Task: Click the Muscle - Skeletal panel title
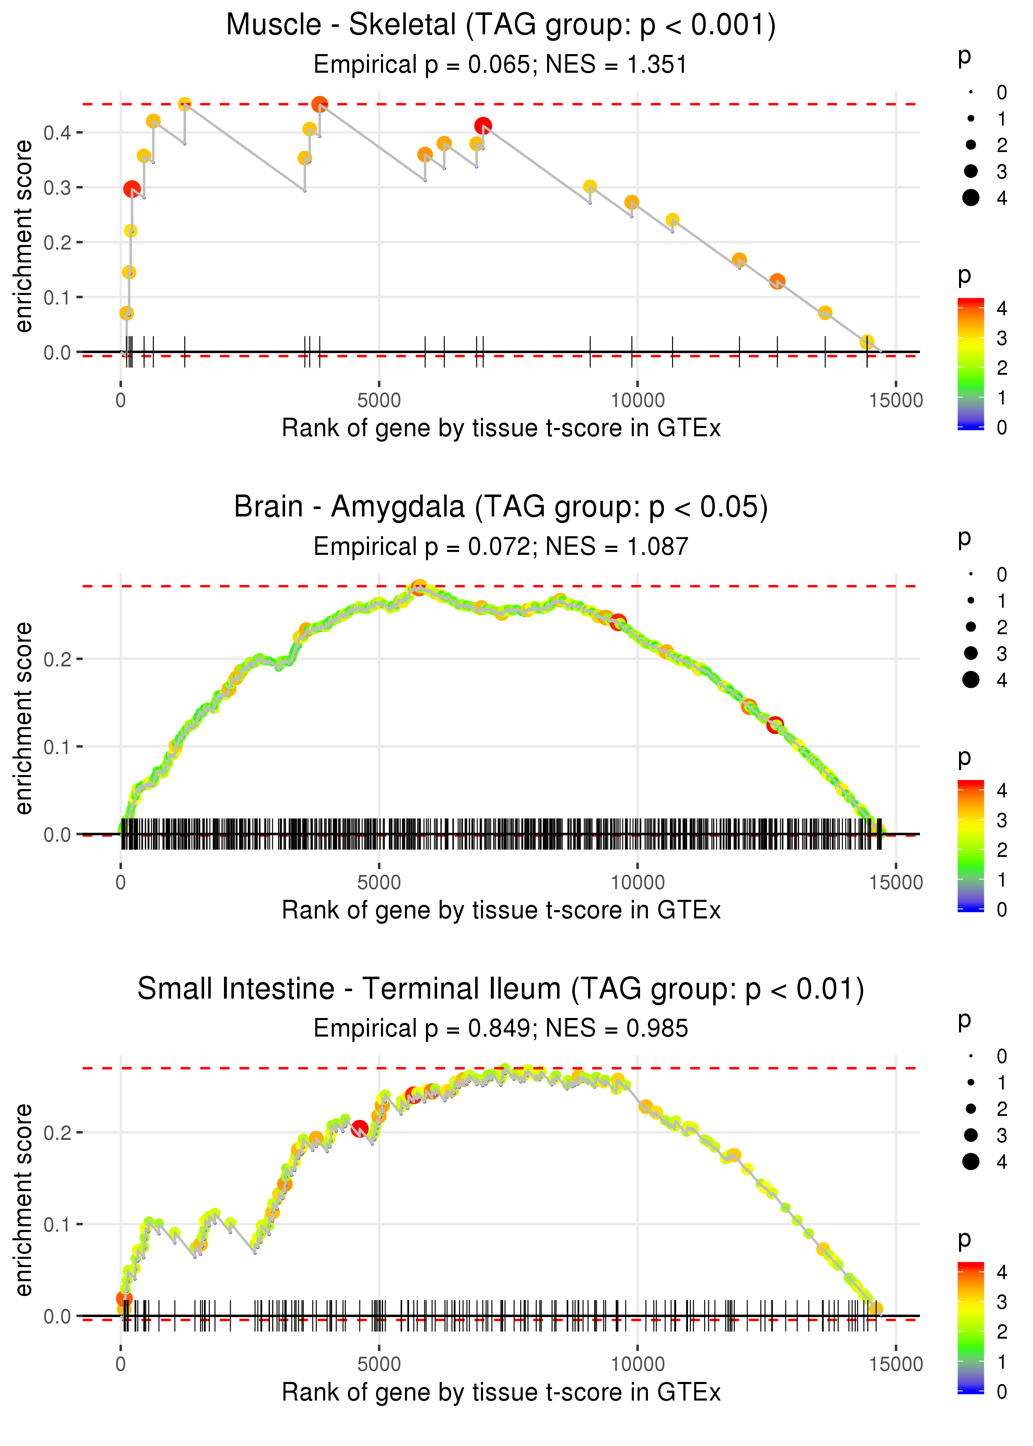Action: point(501,26)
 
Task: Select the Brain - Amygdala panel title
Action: point(501,507)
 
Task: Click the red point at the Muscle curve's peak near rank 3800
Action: point(320,104)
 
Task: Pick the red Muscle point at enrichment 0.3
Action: point(132,189)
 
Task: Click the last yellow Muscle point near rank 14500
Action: point(867,342)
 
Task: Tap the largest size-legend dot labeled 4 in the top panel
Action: point(971,198)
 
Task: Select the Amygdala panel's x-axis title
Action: point(501,911)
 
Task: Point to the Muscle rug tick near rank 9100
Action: point(590,352)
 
